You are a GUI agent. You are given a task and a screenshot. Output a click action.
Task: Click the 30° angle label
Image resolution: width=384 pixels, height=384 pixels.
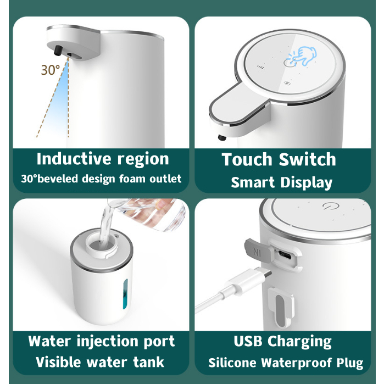50,70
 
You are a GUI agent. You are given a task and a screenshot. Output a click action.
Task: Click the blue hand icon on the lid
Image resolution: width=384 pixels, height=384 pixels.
304,56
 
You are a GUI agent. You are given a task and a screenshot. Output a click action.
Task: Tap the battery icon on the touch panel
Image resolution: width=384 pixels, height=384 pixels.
287,84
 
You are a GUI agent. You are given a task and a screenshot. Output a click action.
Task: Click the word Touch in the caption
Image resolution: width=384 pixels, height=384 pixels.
247,159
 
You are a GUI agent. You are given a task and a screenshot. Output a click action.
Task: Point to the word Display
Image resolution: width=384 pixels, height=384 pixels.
307,183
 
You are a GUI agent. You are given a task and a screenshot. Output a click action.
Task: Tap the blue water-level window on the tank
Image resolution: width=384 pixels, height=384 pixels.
125,294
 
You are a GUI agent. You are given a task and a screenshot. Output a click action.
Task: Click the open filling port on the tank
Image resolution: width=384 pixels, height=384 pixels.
101,245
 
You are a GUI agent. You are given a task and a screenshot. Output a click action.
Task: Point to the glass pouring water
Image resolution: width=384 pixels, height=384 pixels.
147,213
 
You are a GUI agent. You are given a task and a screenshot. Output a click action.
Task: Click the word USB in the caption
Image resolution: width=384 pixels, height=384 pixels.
248,341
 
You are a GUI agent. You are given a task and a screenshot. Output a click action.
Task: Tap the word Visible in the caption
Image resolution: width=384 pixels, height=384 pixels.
58,362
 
